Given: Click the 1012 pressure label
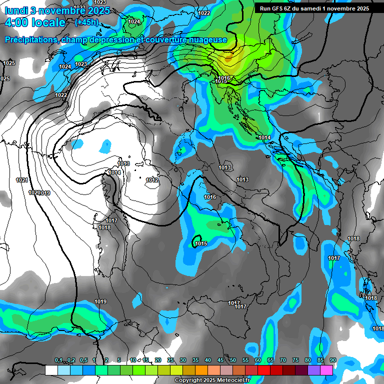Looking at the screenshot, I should click(x=152, y=180).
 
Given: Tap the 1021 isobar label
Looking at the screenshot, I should click(x=21, y=180).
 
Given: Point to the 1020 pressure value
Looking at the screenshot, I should click(x=34, y=192).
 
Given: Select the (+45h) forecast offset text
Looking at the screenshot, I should click(x=86, y=22).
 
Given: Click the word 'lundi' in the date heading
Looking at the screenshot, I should click(x=16, y=9).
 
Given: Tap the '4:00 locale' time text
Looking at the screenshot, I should click(x=35, y=22).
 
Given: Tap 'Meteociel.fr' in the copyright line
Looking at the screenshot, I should click(x=234, y=380).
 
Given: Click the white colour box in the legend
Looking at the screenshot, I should click(x=51, y=370).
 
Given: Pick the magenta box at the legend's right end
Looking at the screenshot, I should click(x=326, y=370).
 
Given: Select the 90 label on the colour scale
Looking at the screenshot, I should click(x=332, y=360).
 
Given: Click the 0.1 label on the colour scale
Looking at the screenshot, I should click(x=58, y=360).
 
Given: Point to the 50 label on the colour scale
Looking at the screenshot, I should click(x=233, y=360).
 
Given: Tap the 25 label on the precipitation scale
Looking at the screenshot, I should click(x=170, y=360).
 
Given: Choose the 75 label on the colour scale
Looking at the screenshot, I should click(x=295, y=360).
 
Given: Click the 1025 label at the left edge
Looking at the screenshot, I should click(x=9, y=63).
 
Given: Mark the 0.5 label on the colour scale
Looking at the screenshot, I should click(x=83, y=360).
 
